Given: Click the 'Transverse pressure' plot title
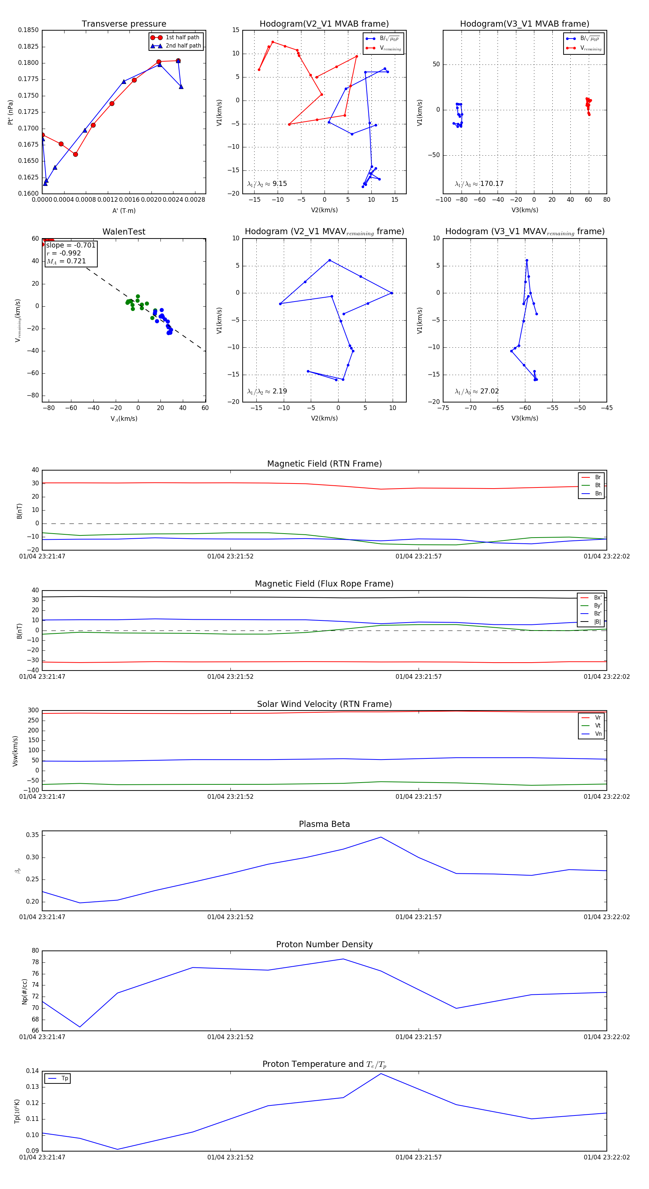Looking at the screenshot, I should [x=124, y=24].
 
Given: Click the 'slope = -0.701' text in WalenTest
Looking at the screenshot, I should [x=71, y=245].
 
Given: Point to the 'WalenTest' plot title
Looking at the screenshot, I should [x=124, y=232].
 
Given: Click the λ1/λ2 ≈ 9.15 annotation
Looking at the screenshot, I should [x=267, y=184].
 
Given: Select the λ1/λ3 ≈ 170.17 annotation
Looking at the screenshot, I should [x=479, y=184].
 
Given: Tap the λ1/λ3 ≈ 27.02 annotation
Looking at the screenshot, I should [x=477, y=391].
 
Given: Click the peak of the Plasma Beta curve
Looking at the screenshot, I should [x=381, y=837].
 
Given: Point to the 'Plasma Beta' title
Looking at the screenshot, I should [x=324, y=824].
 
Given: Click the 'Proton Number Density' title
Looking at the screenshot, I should [x=324, y=944].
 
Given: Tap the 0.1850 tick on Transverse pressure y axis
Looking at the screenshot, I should [x=28, y=30].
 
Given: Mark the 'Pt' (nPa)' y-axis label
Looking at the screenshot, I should [x=10, y=112].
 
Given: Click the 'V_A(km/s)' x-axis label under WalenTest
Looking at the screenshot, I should [x=124, y=419].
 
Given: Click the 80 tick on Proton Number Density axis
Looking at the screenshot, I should [x=35, y=950].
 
